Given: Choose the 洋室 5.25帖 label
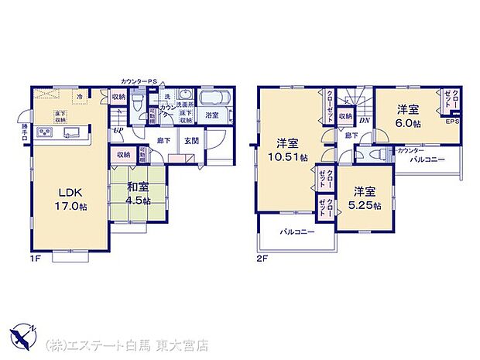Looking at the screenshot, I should click(367, 197).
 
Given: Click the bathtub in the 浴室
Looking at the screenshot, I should click(212, 100).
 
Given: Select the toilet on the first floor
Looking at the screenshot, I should click(136, 103).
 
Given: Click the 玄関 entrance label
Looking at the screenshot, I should click(190, 140).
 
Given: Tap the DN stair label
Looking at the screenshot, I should click(364, 118).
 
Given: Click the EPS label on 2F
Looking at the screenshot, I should click(451, 121).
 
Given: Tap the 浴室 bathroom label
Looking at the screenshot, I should click(211, 115).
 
